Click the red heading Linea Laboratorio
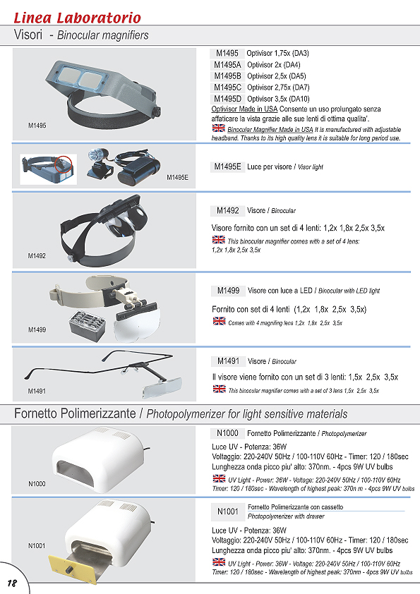(78, 18)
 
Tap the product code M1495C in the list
(227, 87)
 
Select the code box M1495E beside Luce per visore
(227, 167)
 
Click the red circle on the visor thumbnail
(64, 164)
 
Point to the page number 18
(12, 583)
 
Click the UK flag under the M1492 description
(218, 240)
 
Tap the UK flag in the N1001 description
(219, 562)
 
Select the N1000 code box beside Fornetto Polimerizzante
(227, 433)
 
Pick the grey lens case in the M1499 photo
(88, 325)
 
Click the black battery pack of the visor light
(139, 171)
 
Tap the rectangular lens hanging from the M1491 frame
(162, 387)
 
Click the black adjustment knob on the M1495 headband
(156, 112)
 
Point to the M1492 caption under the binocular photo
(37, 256)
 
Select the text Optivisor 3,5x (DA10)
(278, 99)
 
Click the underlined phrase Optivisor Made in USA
(244, 109)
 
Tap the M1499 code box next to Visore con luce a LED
(228, 291)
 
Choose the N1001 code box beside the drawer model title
(228, 511)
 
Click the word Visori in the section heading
(28, 35)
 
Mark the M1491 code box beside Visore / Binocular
(228, 361)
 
